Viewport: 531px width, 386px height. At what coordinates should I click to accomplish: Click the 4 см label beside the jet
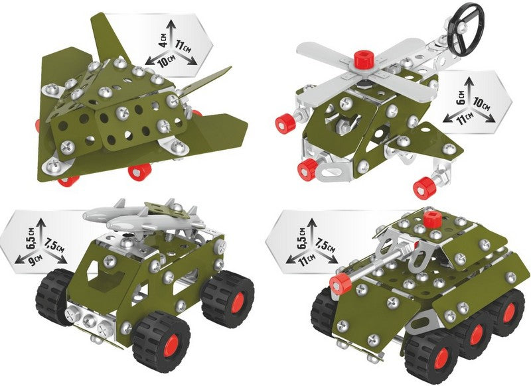click(x=163, y=39)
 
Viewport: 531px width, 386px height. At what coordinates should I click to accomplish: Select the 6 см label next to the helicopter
click(x=461, y=97)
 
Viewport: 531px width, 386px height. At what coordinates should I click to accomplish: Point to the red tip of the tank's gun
click(x=341, y=283)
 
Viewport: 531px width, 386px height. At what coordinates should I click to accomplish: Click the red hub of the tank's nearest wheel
click(x=441, y=361)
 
